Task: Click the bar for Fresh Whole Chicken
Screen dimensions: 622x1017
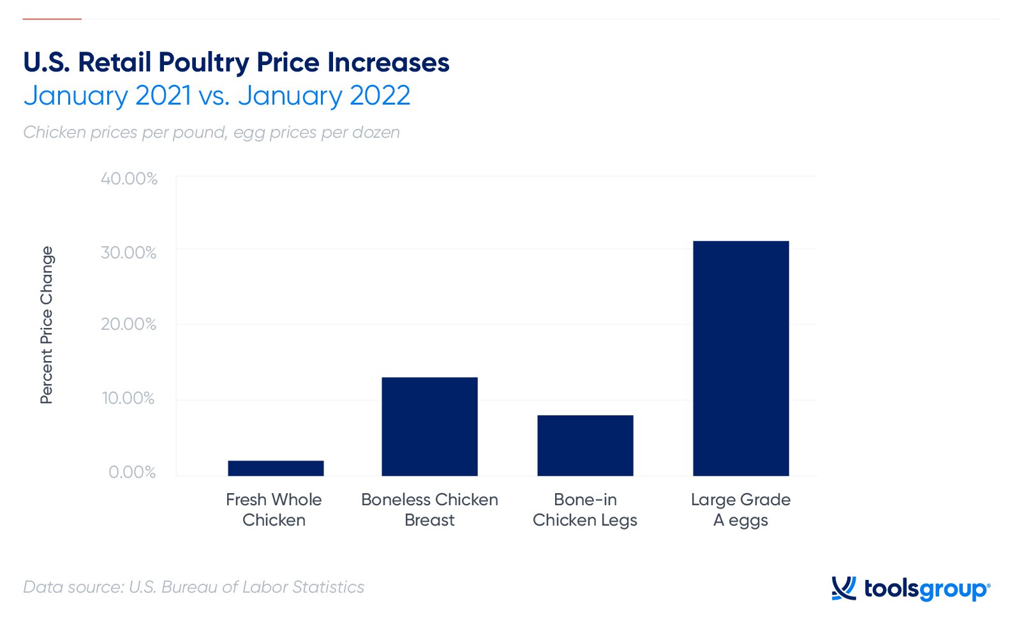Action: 276,468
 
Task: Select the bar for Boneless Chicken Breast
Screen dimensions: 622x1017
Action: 429,426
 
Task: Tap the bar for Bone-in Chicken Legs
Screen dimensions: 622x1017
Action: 585,445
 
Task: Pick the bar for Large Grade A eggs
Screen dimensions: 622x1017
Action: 741,358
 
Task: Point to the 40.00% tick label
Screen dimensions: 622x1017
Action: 129,179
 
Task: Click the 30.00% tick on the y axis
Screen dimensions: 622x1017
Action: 128,253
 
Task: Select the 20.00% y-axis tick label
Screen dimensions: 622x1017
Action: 128,324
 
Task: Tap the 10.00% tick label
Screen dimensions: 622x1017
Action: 128,398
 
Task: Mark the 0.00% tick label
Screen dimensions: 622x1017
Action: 132,472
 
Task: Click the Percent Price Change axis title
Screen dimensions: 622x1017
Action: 47,325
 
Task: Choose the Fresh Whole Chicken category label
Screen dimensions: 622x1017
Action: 274,510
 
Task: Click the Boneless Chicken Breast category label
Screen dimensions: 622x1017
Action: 429,510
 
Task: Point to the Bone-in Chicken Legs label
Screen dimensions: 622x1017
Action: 585,510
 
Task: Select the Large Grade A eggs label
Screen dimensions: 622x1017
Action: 741,510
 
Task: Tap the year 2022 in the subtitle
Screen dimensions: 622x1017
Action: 380,96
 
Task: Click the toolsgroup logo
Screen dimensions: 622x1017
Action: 910,588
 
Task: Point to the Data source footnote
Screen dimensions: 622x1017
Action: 194,587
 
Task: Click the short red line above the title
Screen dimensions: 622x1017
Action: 52,19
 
